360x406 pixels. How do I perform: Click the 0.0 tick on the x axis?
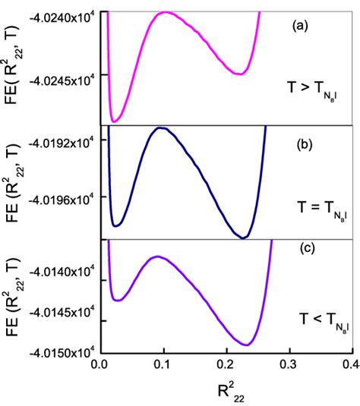point(99,365)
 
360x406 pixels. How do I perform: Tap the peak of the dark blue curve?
point(161,128)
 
